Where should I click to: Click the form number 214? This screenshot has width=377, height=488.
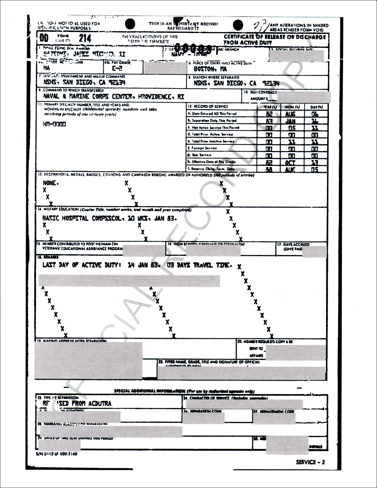85,38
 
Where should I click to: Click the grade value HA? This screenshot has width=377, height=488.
46,68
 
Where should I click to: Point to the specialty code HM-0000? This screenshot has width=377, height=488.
54,124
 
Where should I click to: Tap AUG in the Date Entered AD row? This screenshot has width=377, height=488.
290,114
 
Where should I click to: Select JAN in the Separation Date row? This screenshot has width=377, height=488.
290,121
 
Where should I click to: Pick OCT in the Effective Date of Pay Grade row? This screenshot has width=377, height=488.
290,162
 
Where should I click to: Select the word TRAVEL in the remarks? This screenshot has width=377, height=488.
203,265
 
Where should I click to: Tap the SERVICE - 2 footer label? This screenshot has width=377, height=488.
310,462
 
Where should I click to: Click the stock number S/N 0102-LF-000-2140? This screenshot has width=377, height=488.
56,453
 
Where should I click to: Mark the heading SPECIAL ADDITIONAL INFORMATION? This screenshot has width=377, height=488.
150,391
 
